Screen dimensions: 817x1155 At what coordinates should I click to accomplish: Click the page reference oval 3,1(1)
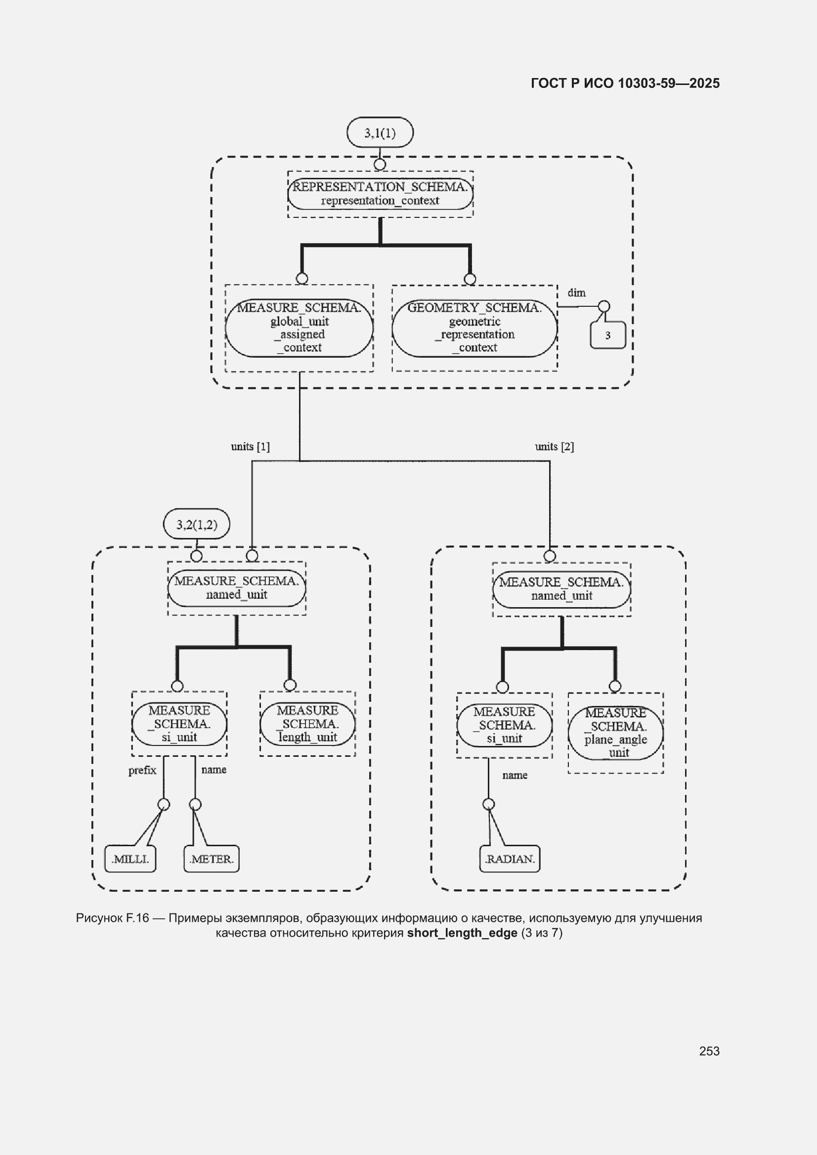click(x=380, y=132)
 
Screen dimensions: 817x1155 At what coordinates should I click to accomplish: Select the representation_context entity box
click(x=381, y=194)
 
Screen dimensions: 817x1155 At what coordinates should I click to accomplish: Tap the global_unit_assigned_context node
click(x=300, y=328)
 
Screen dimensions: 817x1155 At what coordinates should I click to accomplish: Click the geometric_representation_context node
click(x=474, y=328)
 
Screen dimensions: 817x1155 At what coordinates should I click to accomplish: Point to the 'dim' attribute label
click(x=577, y=293)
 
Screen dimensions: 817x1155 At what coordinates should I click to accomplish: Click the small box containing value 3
click(x=607, y=335)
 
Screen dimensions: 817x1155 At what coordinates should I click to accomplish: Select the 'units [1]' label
click(x=250, y=446)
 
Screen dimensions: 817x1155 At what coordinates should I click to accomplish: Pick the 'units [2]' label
click(x=554, y=446)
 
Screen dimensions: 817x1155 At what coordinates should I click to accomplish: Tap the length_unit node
click(x=307, y=723)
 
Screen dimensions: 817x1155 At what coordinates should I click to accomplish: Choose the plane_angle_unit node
click(x=616, y=733)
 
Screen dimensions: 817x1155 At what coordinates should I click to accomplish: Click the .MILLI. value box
click(x=130, y=859)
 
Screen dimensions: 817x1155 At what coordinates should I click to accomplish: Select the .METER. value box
click(x=212, y=859)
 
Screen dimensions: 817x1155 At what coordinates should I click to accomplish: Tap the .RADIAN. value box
click(x=510, y=859)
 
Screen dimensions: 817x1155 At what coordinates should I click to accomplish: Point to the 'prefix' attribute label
click(x=142, y=770)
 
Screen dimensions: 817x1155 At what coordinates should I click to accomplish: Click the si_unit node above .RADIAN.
click(x=505, y=725)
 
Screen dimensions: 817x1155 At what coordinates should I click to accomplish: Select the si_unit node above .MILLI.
click(x=179, y=723)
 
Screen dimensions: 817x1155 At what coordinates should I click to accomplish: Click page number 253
click(x=709, y=1051)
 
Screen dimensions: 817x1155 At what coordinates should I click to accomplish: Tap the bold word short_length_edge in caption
click(x=462, y=933)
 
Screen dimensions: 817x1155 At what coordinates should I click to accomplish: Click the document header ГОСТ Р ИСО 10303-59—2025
click(x=625, y=83)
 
